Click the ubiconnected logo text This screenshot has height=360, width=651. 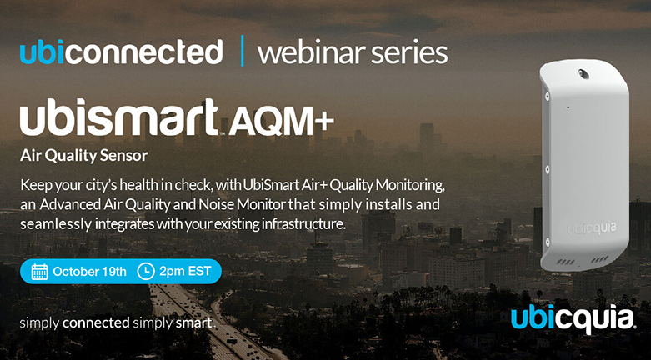point(121,52)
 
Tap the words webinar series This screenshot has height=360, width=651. point(353,52)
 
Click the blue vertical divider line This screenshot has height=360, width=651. point(242,51)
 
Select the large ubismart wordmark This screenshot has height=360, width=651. point(118,117)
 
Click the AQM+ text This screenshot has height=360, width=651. point(281,122)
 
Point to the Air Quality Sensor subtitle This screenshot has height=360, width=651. point(84,156)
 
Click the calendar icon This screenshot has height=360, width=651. point(39,272)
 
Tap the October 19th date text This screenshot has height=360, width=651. point(90,272)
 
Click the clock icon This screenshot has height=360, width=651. point(146,272)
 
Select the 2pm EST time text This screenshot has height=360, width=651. point(185,272)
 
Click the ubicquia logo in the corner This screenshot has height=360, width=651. point(573,320)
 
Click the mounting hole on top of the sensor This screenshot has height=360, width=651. point(583,74)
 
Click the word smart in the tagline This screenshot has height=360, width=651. point(195,322)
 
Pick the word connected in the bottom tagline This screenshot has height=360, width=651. point(96,322)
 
